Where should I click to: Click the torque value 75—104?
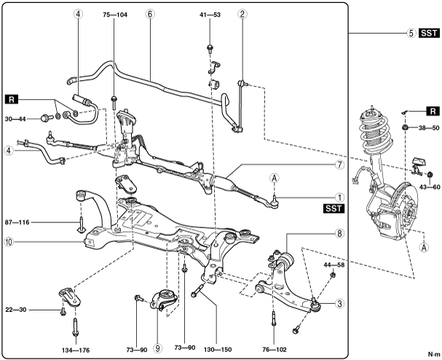point(115,15)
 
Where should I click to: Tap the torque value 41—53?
point(210,15)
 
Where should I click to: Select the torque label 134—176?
point(76,350)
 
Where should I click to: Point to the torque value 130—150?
point(218,350)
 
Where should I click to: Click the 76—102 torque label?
point(275,350)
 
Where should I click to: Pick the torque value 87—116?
point(17,222)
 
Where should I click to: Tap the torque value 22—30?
point(16,310)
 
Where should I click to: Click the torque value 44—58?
point(334,265)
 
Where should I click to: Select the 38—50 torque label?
point(429,128)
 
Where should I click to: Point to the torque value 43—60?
point(430,187)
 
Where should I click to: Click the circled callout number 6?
point(150,14)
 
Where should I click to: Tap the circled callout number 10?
point(9,242)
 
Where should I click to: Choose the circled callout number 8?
point(339,233)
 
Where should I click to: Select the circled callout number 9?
point(157,348)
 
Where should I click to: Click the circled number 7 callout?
point(340,165)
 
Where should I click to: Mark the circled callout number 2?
point(242,14)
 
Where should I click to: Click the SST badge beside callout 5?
point(430,33)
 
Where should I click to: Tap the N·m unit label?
point(434,353)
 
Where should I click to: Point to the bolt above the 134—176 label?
point(76,327)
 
